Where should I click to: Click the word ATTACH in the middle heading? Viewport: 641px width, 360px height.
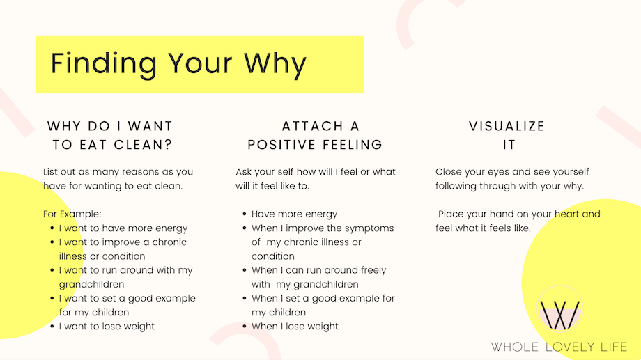coord(313,126)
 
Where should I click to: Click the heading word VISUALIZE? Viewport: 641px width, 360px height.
coord(507,126)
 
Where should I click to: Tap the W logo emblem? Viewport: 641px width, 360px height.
coord(559,309)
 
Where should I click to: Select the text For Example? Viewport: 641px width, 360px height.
coord(72,214)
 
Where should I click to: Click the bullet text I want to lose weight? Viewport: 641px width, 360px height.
coord(107,327)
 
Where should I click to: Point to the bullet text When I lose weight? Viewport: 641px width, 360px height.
coord(295,327)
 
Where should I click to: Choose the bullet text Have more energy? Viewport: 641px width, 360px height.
coord(294,214)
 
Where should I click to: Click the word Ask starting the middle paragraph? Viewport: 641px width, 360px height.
coord(244,171)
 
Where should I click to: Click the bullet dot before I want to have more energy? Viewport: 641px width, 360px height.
coord(52,228)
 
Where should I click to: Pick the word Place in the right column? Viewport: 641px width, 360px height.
coord(449,214)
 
